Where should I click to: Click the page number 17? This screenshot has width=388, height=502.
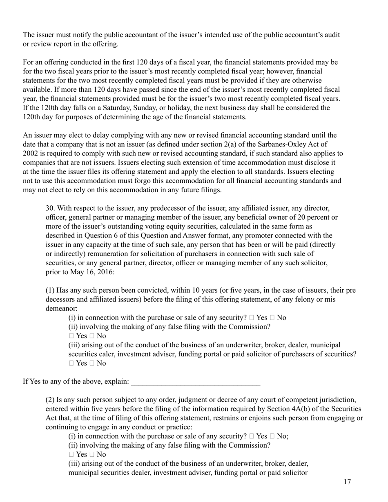click(347, 482)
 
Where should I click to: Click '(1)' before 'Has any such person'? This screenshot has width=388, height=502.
click(49, 291)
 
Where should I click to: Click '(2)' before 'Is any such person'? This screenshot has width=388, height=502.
click(49, 399)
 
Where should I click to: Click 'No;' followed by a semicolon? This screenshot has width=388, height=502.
click(282, 436)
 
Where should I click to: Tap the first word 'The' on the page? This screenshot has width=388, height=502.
click(29, 35)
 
